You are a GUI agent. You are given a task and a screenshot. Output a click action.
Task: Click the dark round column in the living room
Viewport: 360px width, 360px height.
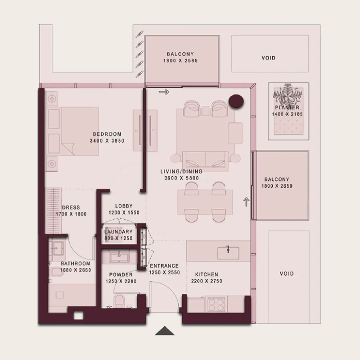tap(236, 101)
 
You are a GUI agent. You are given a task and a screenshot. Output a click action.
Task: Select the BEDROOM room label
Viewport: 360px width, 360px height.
tap(107, 134)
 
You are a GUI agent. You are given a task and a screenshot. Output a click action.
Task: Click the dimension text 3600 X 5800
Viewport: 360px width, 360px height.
tap(182, 178)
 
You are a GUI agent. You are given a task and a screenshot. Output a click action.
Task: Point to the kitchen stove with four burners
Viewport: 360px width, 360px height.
tap(216, 304)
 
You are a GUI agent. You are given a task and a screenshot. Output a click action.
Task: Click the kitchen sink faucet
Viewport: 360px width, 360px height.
tap(228, 249)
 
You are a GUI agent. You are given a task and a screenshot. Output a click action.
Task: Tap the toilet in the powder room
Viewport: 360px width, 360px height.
tap(119, 301)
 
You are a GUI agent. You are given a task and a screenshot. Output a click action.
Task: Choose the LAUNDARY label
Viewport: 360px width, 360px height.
tap(118, 232)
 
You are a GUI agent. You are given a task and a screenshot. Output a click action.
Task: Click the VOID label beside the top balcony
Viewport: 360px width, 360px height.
tap(268, 58)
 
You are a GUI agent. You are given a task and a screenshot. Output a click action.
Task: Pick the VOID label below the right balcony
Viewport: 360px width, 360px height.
tap(287, 274)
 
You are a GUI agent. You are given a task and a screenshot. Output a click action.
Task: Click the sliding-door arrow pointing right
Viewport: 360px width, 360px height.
tap(164, 92)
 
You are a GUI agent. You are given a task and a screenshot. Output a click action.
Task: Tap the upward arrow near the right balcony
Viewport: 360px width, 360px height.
tap(246, 202)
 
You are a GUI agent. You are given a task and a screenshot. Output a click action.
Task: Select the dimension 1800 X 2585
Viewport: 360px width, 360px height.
tap(180, 61)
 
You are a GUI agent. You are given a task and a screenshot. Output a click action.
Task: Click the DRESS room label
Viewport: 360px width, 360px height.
tap(71, 207)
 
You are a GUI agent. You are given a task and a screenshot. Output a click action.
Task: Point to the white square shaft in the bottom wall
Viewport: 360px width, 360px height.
tap(78, 316)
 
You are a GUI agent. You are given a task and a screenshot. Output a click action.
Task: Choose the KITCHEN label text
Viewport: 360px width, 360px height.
tap(207, 274)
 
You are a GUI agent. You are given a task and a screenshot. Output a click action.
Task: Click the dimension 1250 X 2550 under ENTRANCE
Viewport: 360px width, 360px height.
tap(164, 273)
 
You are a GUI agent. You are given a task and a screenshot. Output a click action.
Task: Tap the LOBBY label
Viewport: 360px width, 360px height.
tap(124, 206)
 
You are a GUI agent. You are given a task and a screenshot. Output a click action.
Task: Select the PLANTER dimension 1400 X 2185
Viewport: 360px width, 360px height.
tap(287, 114)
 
